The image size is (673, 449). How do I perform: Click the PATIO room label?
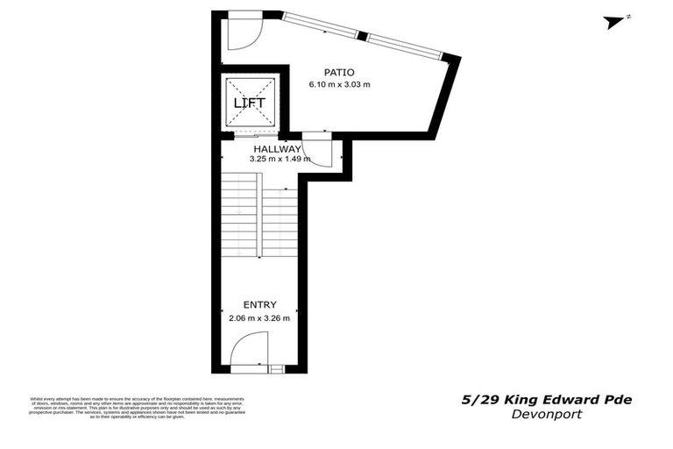(339, 72)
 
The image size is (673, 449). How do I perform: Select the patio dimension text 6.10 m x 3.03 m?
(339, 85)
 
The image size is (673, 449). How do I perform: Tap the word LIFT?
(249, 103)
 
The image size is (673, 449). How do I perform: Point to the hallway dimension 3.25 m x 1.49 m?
(280, 160)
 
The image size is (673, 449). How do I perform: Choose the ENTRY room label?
(259, 304)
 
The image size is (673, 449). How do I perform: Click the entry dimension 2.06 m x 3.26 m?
(259, 317)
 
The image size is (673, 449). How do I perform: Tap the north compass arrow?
(617, 22)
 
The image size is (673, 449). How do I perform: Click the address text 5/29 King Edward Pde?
(547, 400)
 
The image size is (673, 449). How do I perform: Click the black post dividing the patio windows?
(362, 36)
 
